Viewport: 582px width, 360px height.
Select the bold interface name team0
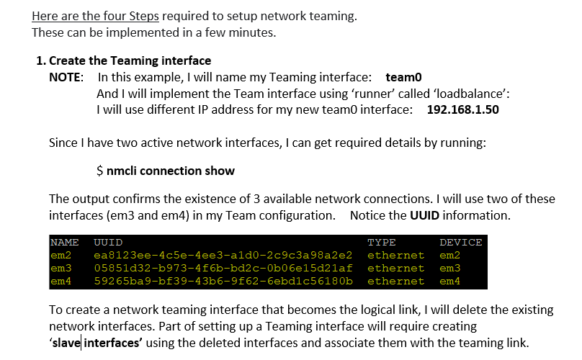[x=403, y=77]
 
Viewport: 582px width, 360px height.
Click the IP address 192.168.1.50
[x=463, y=109]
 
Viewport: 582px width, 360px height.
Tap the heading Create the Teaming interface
[x=130, y=60]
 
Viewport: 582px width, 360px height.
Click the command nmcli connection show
[x=171, y=171]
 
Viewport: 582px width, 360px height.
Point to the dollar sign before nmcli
[x=99, y=171]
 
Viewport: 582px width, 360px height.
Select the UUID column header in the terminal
[x=108, y=243]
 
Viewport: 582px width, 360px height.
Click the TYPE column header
[x=381, y=243]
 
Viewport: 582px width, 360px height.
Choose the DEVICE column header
[x=460, y=243]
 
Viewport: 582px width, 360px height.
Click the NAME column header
[x=65, y=243]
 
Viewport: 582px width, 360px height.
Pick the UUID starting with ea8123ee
[x=223, y=256]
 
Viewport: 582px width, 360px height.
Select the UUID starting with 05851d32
[x=223, y=269]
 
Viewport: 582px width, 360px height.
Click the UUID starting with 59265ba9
[x=223, y=282]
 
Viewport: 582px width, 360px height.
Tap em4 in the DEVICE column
[x=450, y=282]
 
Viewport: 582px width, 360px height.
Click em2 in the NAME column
[x=61, y=256]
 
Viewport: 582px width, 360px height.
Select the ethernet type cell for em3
[x=395, y=269]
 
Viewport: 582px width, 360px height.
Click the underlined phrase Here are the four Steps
[x=95, y=16]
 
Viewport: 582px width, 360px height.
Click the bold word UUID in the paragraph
[x=425, y=215]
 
